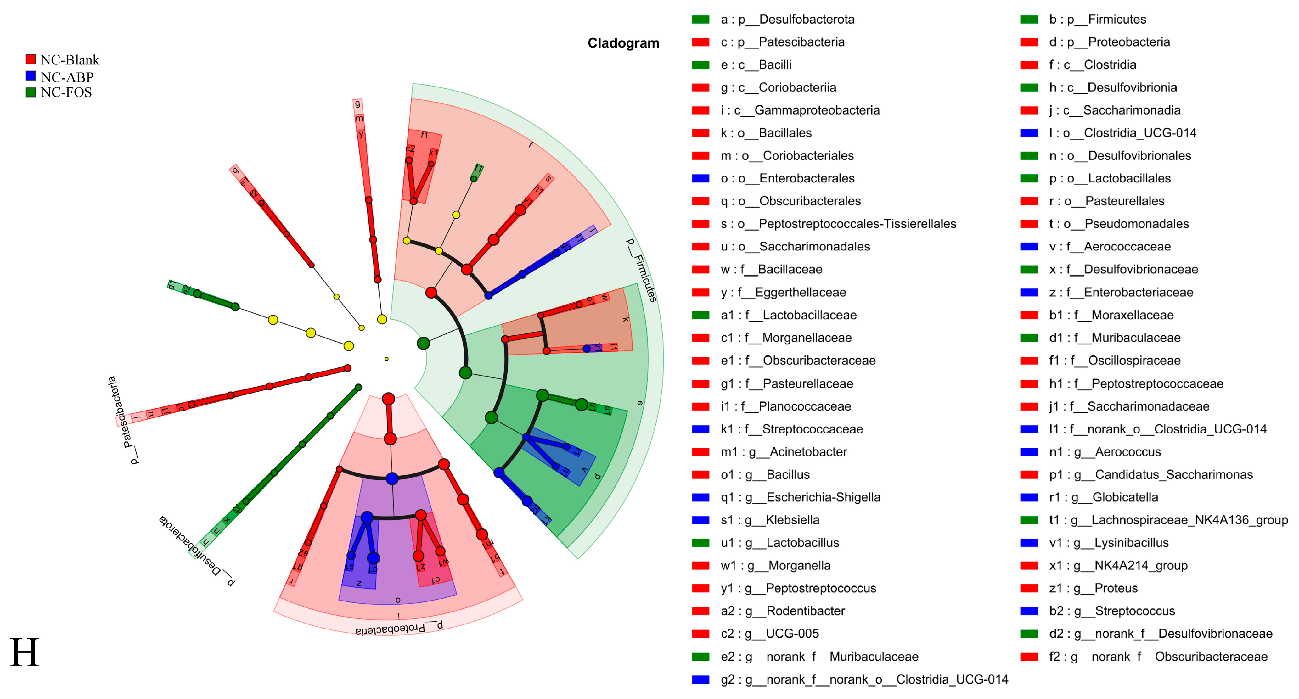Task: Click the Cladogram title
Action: point(623,43)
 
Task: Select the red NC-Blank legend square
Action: point(31,59)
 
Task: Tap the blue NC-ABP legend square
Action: point(31,76)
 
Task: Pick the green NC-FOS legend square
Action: point(31,92)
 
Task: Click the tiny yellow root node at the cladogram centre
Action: point(387,359)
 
